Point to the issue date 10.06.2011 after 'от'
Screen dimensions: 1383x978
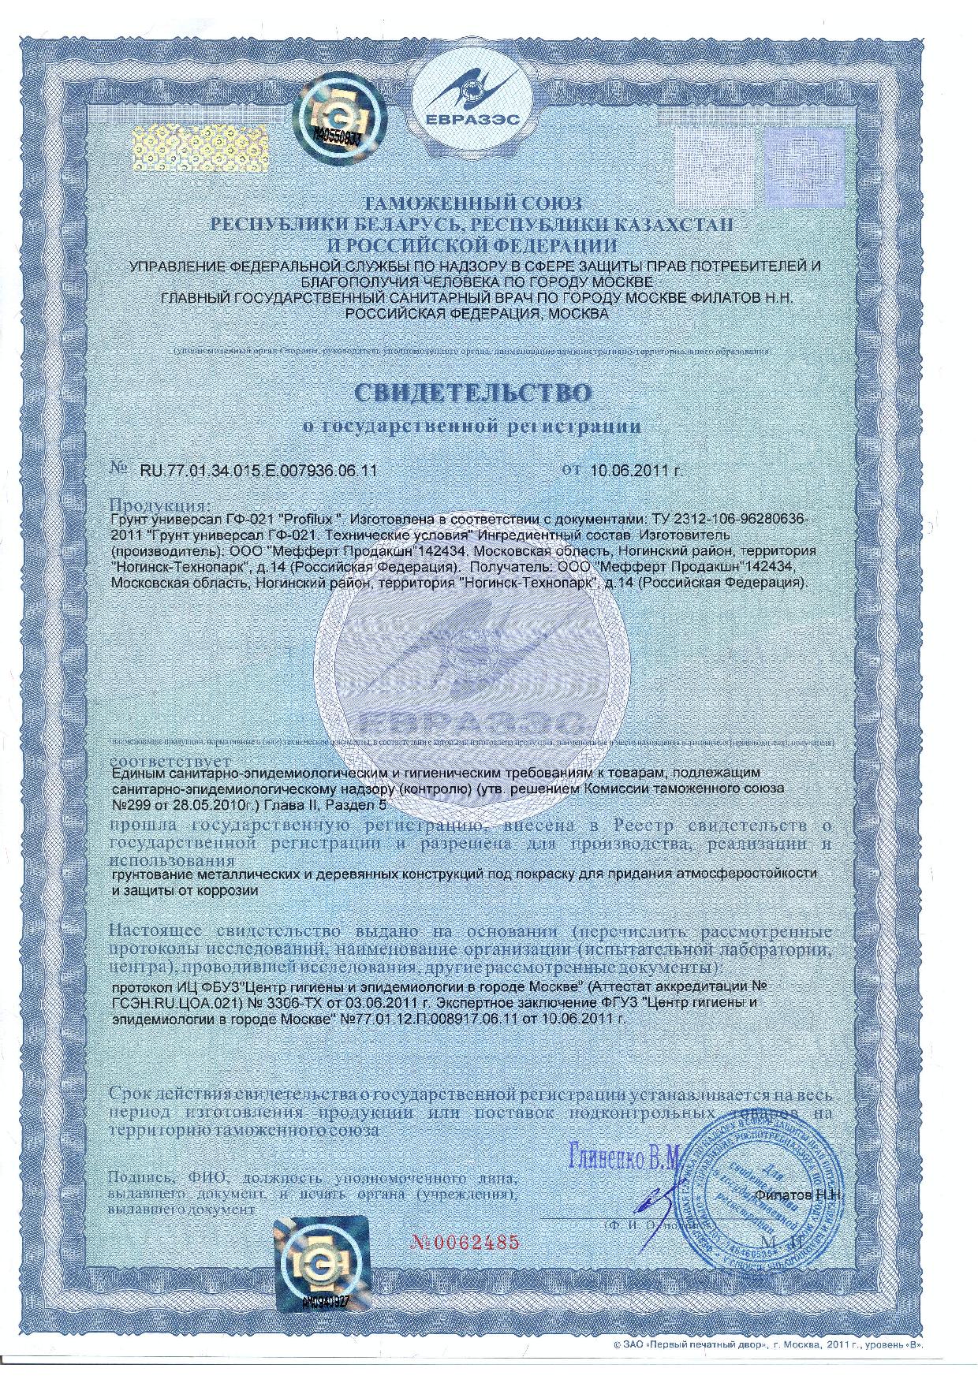pos(635,471)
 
